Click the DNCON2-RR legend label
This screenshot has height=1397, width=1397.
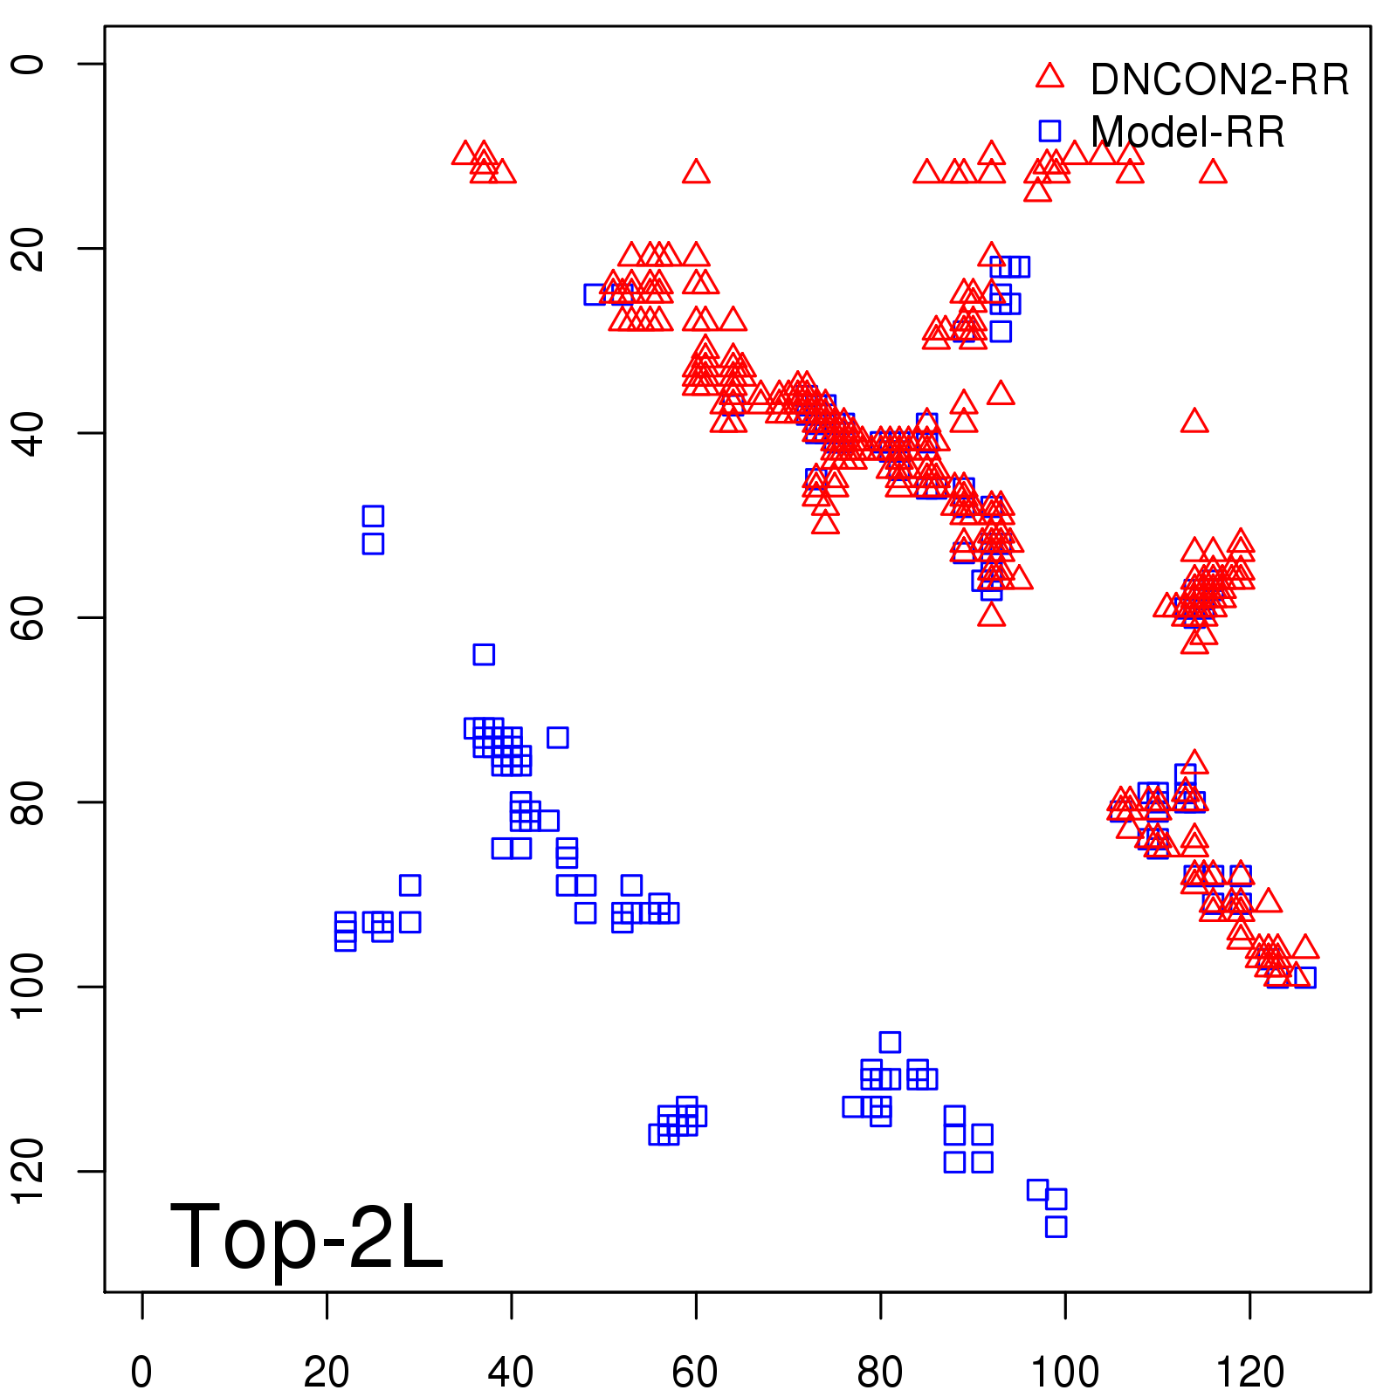pos(1220,80)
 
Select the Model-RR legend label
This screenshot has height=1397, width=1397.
pos(1187,133)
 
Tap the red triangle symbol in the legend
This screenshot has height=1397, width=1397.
pos(1049,77)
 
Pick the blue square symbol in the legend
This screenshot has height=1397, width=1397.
pos(1049,131)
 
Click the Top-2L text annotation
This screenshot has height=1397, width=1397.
pos(306,1236)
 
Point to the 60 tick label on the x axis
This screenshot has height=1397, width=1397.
pos(696,1373)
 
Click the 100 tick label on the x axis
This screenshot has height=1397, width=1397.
pos(1065,1373)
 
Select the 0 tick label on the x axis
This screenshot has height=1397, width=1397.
pos(141,1373)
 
